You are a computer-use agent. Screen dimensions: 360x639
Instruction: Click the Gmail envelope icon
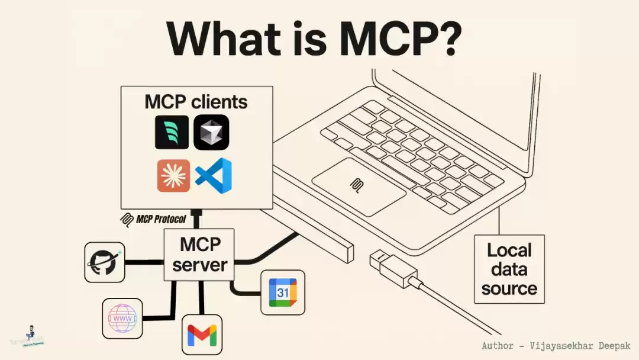click(202, 335)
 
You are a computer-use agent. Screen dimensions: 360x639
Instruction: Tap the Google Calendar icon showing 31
click(283, 292)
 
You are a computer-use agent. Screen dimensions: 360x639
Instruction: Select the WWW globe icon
click(122, 319)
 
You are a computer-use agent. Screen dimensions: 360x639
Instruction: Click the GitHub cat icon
click(105, 262)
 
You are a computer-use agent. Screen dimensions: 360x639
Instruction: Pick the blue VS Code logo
click(214, 175)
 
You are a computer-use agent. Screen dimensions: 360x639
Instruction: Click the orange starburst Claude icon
click(174, 176)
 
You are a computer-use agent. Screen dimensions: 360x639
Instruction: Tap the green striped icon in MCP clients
click(172, 132)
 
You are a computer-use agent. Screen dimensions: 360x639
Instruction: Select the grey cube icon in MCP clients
click(211, 132)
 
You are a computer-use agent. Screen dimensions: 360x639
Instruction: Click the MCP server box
click(199, 255)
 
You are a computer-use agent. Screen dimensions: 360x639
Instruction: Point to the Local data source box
click(509, 269)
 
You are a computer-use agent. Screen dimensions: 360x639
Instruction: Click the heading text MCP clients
click(196, 101)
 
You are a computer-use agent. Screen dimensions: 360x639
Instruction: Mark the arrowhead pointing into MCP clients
click(198, 212)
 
